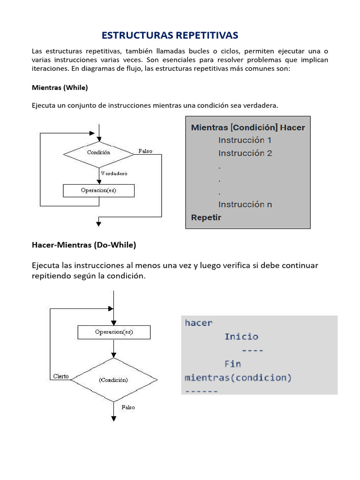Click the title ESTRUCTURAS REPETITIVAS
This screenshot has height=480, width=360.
pos(170,36)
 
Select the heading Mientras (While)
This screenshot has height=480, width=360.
pos(60,87)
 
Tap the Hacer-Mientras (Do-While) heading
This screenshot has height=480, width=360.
pos(84,245)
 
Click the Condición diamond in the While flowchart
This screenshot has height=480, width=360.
pos(99,152)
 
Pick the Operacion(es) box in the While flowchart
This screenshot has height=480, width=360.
pos(98,190)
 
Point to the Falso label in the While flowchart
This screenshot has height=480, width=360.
pos(145,151)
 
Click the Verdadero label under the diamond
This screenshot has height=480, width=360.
pos(114,173)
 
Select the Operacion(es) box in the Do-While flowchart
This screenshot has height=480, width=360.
pos(114,332)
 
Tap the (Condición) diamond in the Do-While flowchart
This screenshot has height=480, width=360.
pos(113,380)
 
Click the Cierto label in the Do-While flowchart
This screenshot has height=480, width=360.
pos(61,376)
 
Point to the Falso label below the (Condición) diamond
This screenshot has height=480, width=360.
pos(128,407)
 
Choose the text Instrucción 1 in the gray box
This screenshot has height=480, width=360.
pos(245,140)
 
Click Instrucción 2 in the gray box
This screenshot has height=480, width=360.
pos(245,153)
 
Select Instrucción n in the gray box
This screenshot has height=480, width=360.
pos(245,204)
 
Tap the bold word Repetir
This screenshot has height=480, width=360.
pos(206,217)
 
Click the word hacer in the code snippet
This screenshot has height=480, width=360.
pos(199,322)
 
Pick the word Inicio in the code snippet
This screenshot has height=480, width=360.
pos(241,337)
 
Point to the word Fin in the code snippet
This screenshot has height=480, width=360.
pos(232,364)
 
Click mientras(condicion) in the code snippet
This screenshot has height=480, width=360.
pos(238,377)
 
